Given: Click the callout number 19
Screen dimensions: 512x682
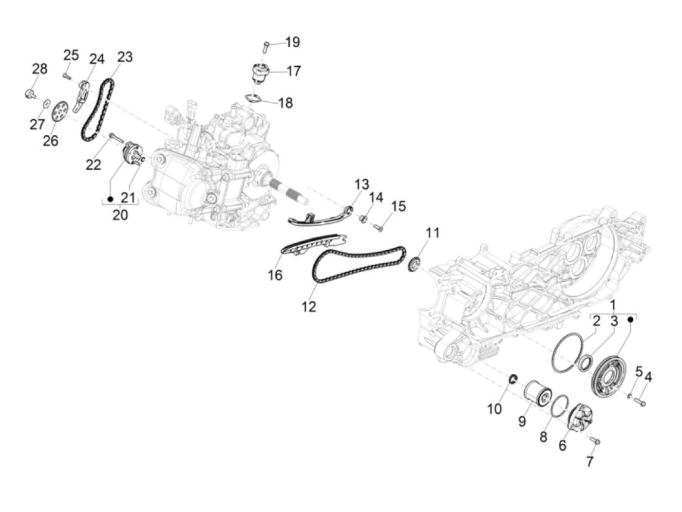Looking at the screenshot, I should [292, 42].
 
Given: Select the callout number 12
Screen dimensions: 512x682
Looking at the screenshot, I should [309, 307].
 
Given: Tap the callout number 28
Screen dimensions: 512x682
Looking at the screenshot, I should [40, 69].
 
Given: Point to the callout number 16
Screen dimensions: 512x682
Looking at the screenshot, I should [275, 275].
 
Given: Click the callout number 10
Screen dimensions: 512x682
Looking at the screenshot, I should [494, 409].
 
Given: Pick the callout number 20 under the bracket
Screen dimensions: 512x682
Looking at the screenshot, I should [120, 214].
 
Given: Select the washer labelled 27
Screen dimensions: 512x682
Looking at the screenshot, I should [46, 103].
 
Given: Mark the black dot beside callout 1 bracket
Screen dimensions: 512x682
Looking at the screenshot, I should [630, 319].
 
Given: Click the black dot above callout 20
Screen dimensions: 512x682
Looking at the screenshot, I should [110, 199].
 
